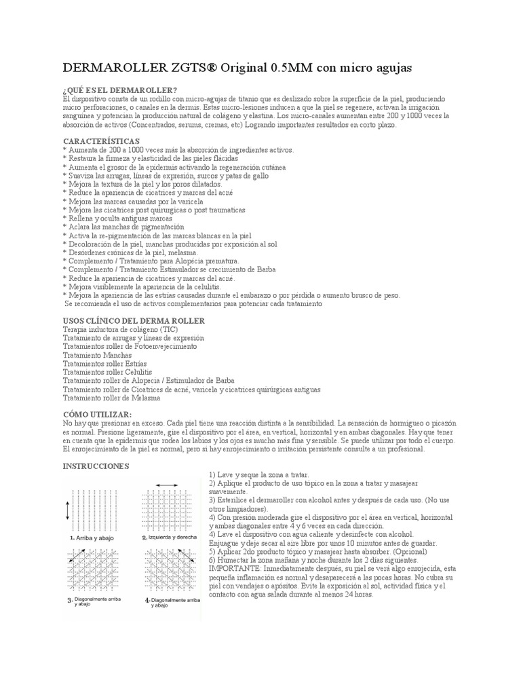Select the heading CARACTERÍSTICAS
point(101,141)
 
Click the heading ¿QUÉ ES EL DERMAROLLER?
point(120,90)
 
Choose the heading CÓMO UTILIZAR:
point(97,414)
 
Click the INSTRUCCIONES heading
point(96,466)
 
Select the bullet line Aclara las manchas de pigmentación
point(119,227)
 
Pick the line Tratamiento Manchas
point(97,355)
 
